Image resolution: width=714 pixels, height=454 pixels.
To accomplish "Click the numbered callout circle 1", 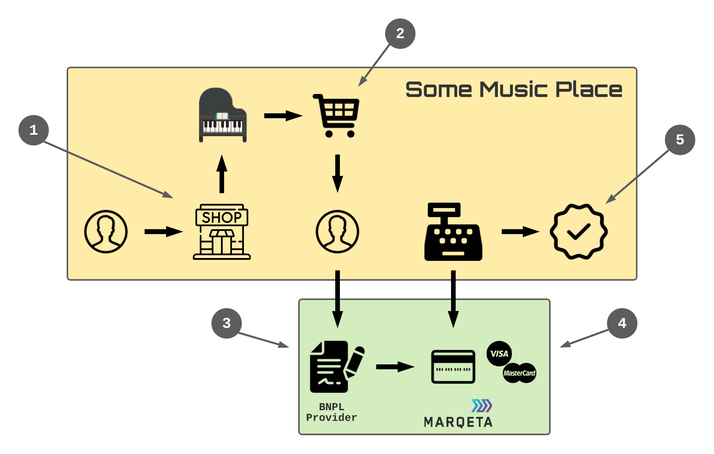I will (33, 130).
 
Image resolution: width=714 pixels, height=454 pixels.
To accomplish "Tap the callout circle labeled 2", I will (400, 33).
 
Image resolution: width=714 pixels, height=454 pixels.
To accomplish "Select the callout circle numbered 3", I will (226, 323).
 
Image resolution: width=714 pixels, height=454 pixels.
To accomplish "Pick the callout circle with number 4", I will (622, 323).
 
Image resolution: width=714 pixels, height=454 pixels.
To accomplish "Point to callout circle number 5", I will (680, 140).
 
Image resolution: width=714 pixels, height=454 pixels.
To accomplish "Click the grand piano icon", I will (222, 115).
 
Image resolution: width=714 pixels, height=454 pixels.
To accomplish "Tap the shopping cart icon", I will (337, 116).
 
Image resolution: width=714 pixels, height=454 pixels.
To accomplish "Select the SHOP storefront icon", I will (222, 232).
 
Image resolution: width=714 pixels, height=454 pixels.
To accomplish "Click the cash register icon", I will (453, 232).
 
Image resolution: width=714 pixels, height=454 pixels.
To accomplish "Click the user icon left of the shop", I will (106, 232).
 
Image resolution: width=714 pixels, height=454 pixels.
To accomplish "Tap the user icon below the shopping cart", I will (337, 232).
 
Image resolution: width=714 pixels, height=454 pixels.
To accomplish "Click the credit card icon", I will (453, 367).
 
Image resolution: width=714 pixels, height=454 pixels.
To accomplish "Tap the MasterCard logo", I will (519, 373).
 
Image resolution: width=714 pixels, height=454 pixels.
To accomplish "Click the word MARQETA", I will (458, 422).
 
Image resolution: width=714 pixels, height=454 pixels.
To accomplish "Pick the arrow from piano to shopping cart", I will (283, 116).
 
